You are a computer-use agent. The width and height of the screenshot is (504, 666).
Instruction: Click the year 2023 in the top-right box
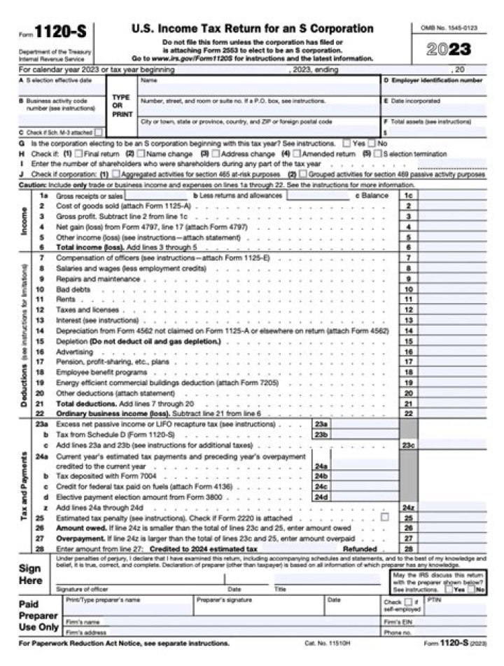(449, 50)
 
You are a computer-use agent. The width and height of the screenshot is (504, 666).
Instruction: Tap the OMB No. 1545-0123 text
(449, 27)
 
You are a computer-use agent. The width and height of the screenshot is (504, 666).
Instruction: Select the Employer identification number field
(433, 90)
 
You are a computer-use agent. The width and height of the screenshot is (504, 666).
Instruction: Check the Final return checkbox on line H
(78, 153)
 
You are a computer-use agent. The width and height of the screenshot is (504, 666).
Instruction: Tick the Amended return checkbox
(296, 153)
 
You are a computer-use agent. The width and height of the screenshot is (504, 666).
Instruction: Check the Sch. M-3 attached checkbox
(99, 131)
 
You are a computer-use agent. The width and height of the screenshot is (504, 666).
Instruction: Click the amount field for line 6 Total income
(452, 247)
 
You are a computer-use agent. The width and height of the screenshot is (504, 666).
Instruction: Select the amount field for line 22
(452, 414)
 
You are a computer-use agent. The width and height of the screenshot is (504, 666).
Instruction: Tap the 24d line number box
(320, 497)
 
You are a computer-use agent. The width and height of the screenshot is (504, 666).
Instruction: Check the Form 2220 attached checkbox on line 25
(384, 517)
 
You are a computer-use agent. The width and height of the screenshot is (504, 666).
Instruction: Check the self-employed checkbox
(408, 601)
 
